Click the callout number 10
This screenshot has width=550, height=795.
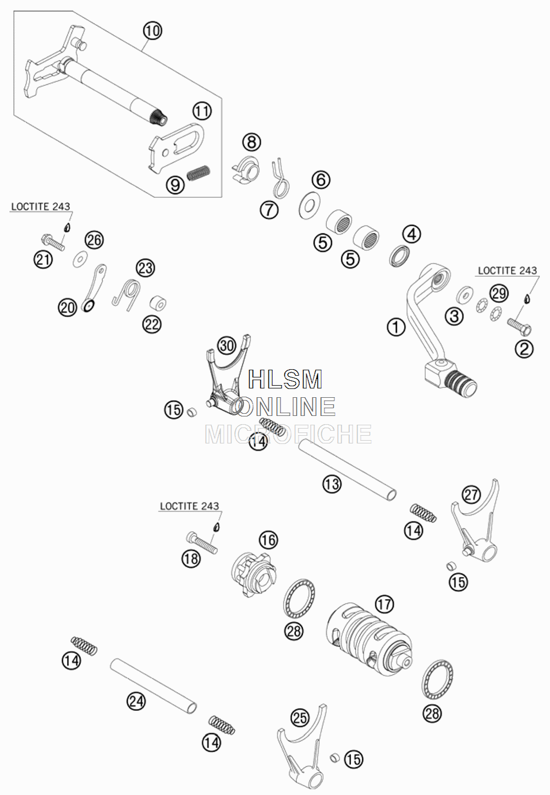coord(152,31)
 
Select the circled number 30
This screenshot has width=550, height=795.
coord(227,346)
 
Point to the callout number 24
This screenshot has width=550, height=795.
coord(136,701)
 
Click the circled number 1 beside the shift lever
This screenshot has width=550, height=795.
coord(396,326)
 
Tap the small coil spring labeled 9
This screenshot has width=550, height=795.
coord(199,173)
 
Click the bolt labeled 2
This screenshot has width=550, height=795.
coord(519,326)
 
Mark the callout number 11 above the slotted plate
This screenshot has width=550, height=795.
coord(202,112)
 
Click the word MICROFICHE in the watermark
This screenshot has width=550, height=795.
coord(289,434)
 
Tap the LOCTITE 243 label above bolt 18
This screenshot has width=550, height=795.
coord(190,506)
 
